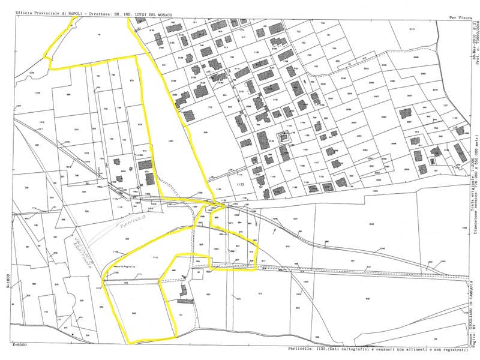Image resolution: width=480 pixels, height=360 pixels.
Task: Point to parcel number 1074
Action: pyautogui.click(x=76, y=129)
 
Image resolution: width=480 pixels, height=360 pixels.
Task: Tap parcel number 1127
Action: pyautogui.click(x=445, y=105)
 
